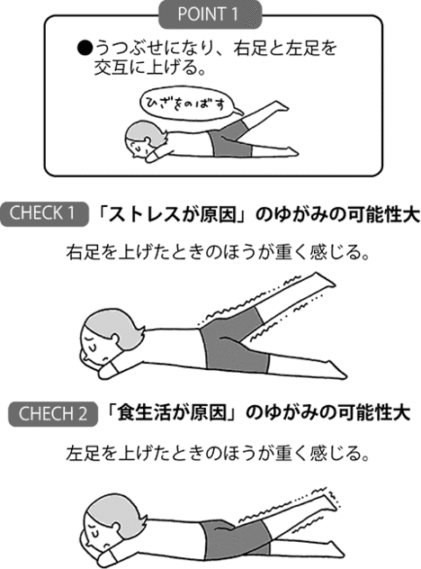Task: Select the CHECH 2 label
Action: click(x=52, y=415)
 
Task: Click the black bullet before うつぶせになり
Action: click(x=74, y=43)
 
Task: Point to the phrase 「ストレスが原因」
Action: click(x=157, y=215)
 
